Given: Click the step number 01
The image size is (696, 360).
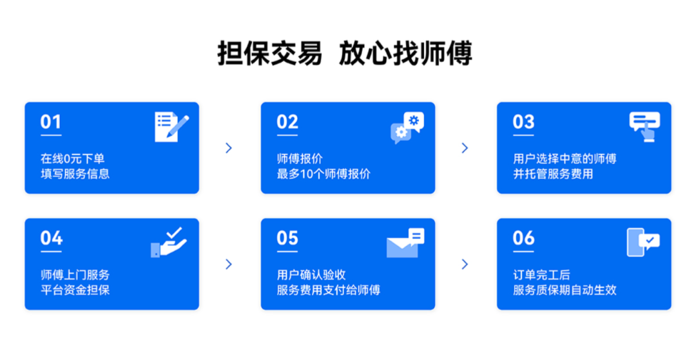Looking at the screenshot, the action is pyautogui.click(x=51, y=122).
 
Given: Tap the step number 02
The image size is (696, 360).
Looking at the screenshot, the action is pyautogui.click(x=287, y=122).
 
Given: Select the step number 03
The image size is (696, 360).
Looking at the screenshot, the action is pyautogui.click(x=523, y=122).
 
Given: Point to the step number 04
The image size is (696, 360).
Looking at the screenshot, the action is pyautogui.click(x=51, y=238).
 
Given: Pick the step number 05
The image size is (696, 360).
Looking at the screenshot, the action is pyautogui.click(x=287, y=238).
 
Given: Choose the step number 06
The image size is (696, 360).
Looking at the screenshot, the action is pyautogui.click(x=523, y=238).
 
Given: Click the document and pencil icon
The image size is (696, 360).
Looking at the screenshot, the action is pyautogui.click(x=171, y=127).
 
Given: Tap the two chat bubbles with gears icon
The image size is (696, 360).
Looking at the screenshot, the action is pyautogui.click(x=407, y=128).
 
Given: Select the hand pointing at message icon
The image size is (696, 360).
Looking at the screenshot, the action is pyautogui.click(x=644, y=127).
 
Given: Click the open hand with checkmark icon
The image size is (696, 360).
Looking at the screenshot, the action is pyautogui.click(x=169, y=242).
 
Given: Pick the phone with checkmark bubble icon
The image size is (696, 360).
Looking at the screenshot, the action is pyautogui.click(x=643, y=242).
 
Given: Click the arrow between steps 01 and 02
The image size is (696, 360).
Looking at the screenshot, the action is pyautogui.click(x=229, y=147).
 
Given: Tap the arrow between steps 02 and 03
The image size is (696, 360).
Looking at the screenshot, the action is pyautogui.click(x=465, y=147).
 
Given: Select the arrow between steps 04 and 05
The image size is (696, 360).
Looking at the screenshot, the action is pyautogui.click(x=229, y=264).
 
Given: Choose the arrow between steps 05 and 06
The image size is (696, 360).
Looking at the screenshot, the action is pyautogui.click(x=465, y=264).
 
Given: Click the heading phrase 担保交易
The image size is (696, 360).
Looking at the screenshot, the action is pyautogui.click(x=270, y=53).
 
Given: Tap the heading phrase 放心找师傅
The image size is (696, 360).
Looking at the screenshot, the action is pyautogui.click(x=406, y=53).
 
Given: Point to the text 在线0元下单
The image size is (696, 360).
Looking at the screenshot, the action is pyautogui.click(x=73, y=158).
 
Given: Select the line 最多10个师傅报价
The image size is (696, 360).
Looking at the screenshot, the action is pyautogui.click(x=324, y=174).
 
